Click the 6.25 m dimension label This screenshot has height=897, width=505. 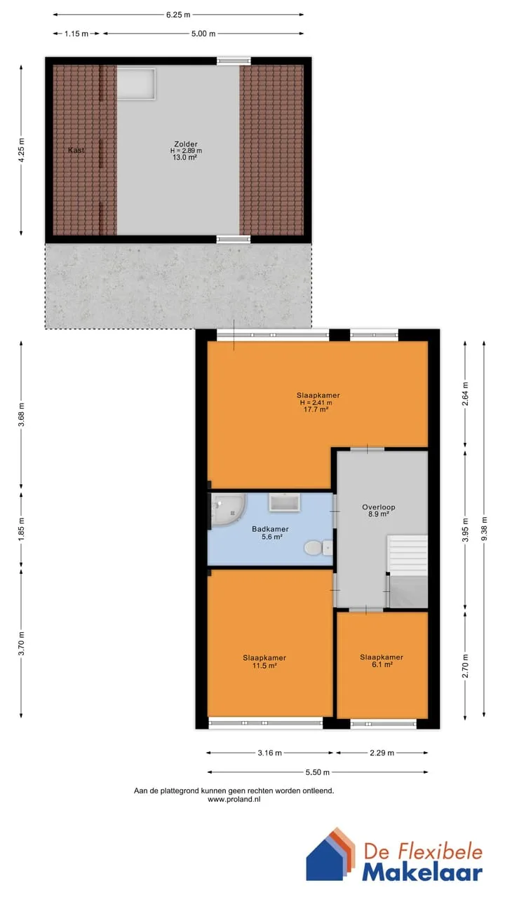(x=178, y=15)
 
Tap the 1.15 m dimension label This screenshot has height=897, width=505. (x=76, y=34)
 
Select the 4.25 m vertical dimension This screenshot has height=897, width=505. (x=21, y=150)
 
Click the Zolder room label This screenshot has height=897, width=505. (x=186, y=144)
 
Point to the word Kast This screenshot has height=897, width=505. (x=76, y=150)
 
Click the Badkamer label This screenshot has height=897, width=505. (x=270, y=529)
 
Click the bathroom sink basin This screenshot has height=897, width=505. (x=285, y=502)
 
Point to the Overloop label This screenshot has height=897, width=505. (x=378, y=507)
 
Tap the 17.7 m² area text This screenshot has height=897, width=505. (x=316, y=410)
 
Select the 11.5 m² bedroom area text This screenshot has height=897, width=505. (x=264, y=666)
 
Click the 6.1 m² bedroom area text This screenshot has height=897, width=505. (x=382, y=664)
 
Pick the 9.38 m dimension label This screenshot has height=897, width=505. (x=484, y=528)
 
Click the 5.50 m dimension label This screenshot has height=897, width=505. (x=318, y=772)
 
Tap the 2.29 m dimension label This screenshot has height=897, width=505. (x=382, y=753)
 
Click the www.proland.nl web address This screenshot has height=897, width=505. (x=234, y=800)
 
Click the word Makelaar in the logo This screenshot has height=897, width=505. (x=422, y=872)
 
